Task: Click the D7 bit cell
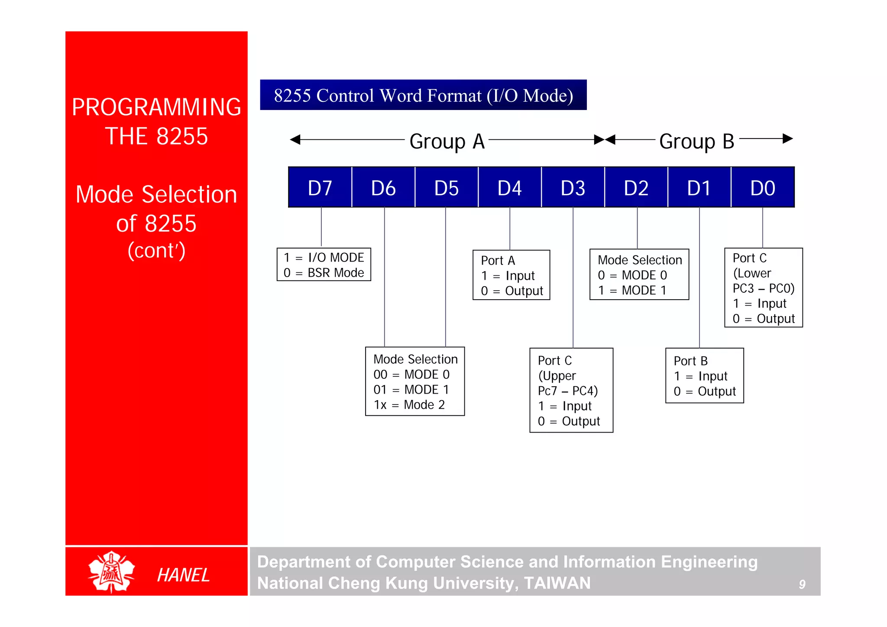320,187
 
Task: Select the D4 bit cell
510,187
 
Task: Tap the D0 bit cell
763,187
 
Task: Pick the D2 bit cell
636,187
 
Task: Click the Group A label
447,141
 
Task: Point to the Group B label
697,141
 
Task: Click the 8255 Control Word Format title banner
423,95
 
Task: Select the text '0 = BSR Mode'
324,273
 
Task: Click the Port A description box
511,275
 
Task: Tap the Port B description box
704,376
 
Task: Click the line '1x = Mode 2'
409,405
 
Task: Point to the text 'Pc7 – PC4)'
567,391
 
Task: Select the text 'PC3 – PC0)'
763,288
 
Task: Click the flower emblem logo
112,572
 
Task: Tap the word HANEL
183,575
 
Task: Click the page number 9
802,585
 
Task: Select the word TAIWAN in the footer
557,583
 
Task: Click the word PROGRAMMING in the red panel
156,107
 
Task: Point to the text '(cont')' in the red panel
156,251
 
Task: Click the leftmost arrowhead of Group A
295,139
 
